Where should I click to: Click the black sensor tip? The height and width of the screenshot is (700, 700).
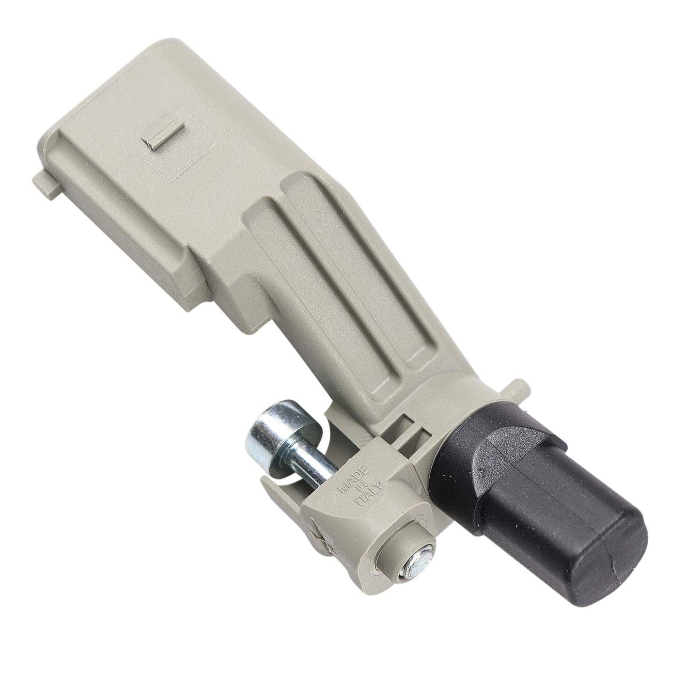538,516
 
